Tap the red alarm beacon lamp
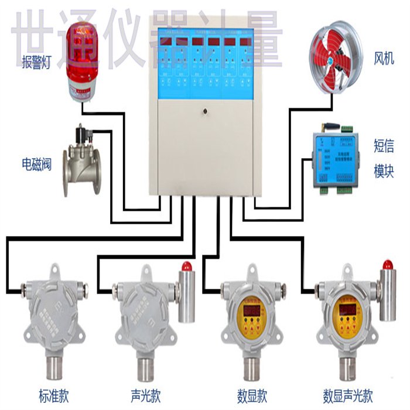point(83,59)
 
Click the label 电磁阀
point(37,163)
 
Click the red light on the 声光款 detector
point(187,266)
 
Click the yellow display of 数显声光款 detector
point(346,312)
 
